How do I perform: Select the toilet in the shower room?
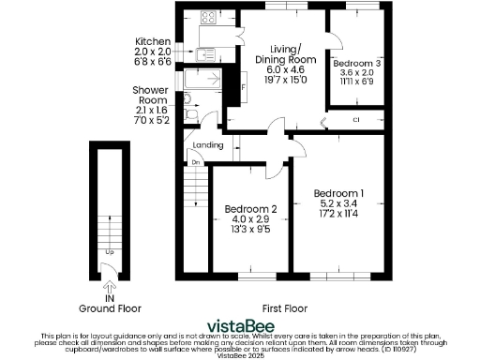(x=191, y=113)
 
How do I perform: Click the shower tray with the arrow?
(x=202, y=80)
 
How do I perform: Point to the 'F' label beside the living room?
(x=243, y=89)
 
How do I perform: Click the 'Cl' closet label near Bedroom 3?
(x=356, y=120)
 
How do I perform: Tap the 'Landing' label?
(x=207, y=145)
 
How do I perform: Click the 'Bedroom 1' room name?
(x=341, y=193)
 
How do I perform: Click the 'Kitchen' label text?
(x=152, y=42)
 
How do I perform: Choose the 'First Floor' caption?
(x=286, y=307)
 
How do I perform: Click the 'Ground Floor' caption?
(x=110, y=307)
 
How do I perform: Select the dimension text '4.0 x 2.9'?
(x=250, y=219)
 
